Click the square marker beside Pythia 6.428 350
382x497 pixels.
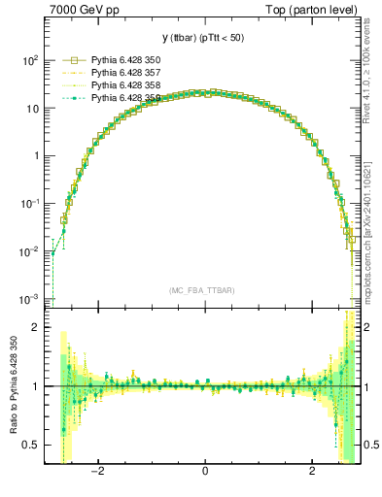[66, 60]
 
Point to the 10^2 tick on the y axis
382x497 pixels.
[28, 60]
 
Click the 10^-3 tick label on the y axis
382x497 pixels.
[28, 299]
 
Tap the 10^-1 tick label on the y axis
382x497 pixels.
[28, 204]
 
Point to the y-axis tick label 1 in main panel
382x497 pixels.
[34, 155]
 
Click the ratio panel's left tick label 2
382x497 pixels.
[36, 327]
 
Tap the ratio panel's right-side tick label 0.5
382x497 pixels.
[370, 445]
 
